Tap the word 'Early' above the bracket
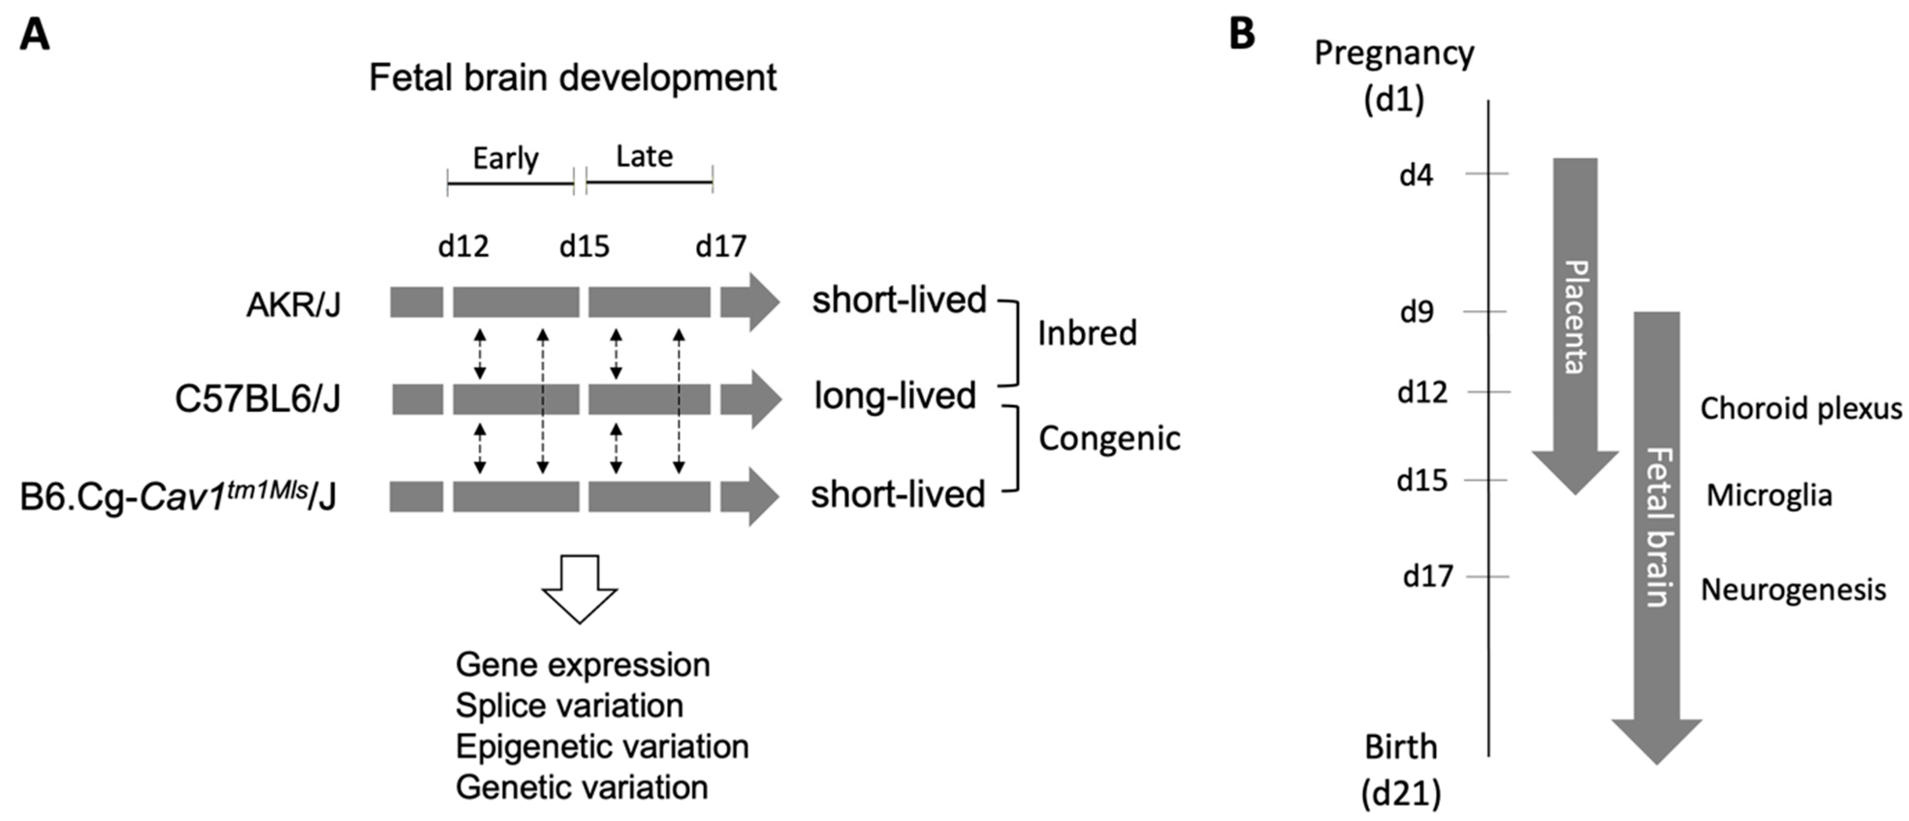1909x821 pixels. (506, 158)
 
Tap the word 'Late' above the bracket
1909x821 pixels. (644, 157)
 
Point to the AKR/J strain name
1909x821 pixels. (293, 304)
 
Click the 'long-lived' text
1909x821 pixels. (894, 395)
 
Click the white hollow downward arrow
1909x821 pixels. (579, 589)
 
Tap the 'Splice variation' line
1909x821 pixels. (569, 705)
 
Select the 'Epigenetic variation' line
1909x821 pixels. (602, 746)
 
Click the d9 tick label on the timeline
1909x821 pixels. (1416, 312)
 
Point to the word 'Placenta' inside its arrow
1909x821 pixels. (1575, 317)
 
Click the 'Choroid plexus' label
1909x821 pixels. (1801, 408)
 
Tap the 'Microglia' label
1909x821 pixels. (1769, 495)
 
